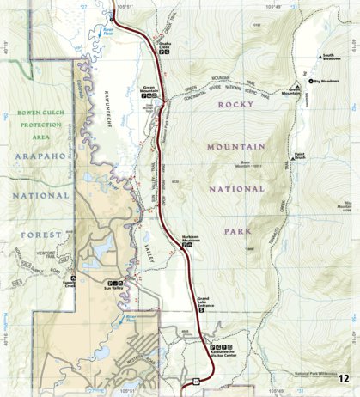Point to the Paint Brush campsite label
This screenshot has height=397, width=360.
point(300,157)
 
